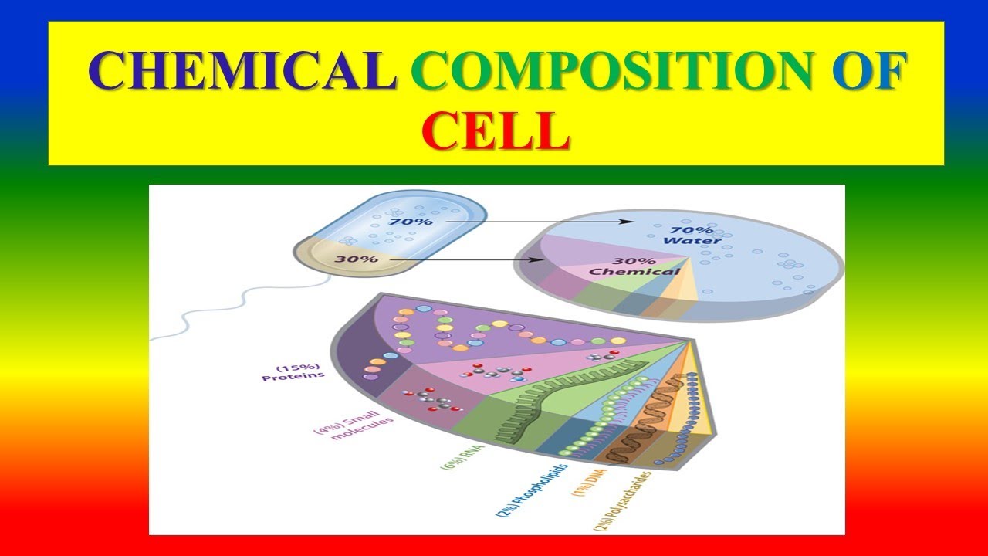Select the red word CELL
tap(496, 131)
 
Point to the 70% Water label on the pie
tap(692, 236)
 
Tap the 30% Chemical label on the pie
tap(634, 266)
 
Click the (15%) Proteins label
tap(293, 372)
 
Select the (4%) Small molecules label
tap(354, 425)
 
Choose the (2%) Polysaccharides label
tap(622, 501)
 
